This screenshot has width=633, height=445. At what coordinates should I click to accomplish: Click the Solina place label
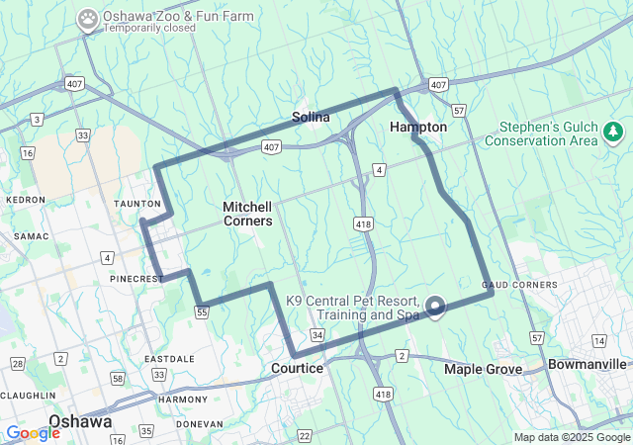(311, 118)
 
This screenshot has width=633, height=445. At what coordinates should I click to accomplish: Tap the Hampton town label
(418, 128)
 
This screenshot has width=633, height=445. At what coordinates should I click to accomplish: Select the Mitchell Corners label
(247, 214)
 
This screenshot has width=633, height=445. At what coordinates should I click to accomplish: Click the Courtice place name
(297, 368)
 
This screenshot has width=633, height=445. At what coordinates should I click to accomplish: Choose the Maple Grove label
(483, 369)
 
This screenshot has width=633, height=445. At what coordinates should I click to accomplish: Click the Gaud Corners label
(520, 285)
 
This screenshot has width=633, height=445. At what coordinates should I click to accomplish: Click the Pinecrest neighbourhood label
(136, 279)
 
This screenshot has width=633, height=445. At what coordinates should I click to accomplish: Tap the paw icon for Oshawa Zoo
(89, 18)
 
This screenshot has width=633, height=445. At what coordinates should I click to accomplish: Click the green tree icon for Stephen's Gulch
(613, 132)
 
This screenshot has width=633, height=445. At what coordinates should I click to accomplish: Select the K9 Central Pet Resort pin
(435, 307)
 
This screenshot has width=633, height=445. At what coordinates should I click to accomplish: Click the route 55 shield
(202, 312)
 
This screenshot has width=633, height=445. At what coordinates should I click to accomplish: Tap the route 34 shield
(317, 336)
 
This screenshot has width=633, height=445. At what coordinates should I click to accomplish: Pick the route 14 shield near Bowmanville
(599, 340)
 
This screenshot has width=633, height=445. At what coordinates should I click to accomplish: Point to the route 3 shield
(37, 120)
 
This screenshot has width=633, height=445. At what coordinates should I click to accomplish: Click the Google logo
(33, 433)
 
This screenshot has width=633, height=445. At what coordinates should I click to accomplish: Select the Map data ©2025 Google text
(572, 437)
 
